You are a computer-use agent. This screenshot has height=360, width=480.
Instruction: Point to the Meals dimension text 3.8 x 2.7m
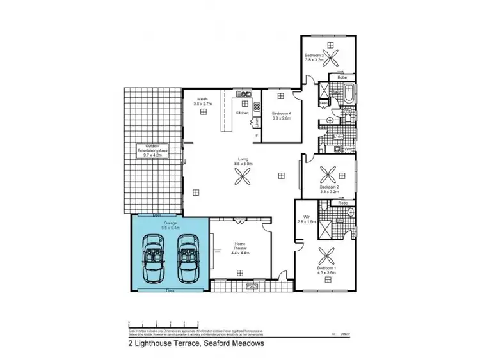tap(203, 103)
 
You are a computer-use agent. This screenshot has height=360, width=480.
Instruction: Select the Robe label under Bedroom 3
tap(341, 77)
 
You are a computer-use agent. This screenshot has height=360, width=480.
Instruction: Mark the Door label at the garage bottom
tap(170, 290)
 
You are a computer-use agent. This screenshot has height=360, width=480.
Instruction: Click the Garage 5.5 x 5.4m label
tap(170, 224)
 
